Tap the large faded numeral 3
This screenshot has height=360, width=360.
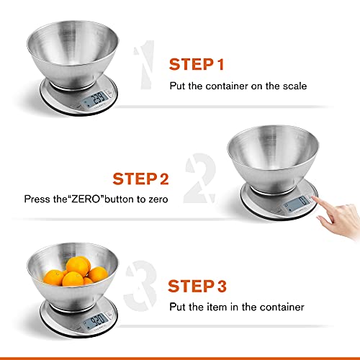(x=143, y=288)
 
